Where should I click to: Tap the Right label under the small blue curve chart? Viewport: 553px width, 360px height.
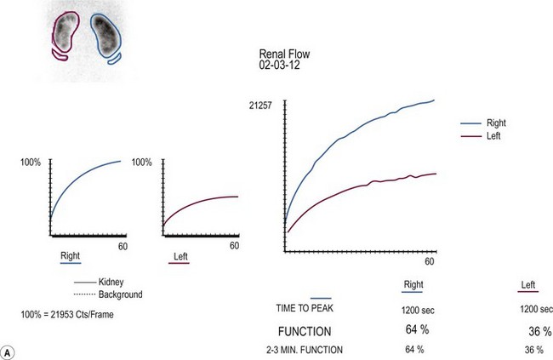tap(70, 255)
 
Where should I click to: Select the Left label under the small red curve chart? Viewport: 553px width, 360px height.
tap(180, 255)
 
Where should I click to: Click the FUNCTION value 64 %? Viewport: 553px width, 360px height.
tap(413, 329)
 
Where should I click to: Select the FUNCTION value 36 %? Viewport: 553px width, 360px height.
tap(533, 329)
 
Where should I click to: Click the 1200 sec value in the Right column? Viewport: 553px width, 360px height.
tap(414, 309)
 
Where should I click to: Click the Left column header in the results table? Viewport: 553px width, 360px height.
tap(530, 286)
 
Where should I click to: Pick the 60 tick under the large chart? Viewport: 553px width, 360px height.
tap(430, 262)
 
